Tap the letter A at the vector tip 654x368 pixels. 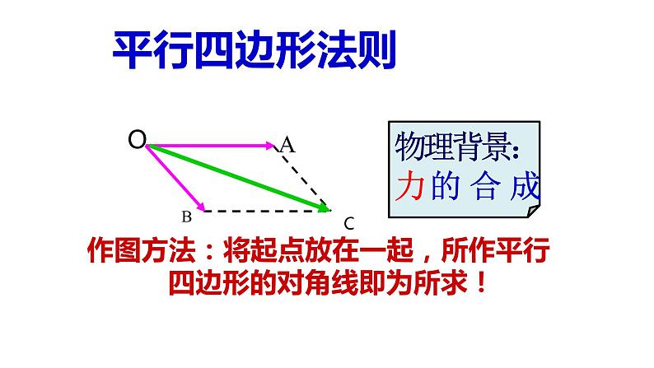[287, 145]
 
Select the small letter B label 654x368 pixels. [186, 217]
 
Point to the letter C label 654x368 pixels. [348, 222]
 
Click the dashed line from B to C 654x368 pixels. [264, 211]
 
